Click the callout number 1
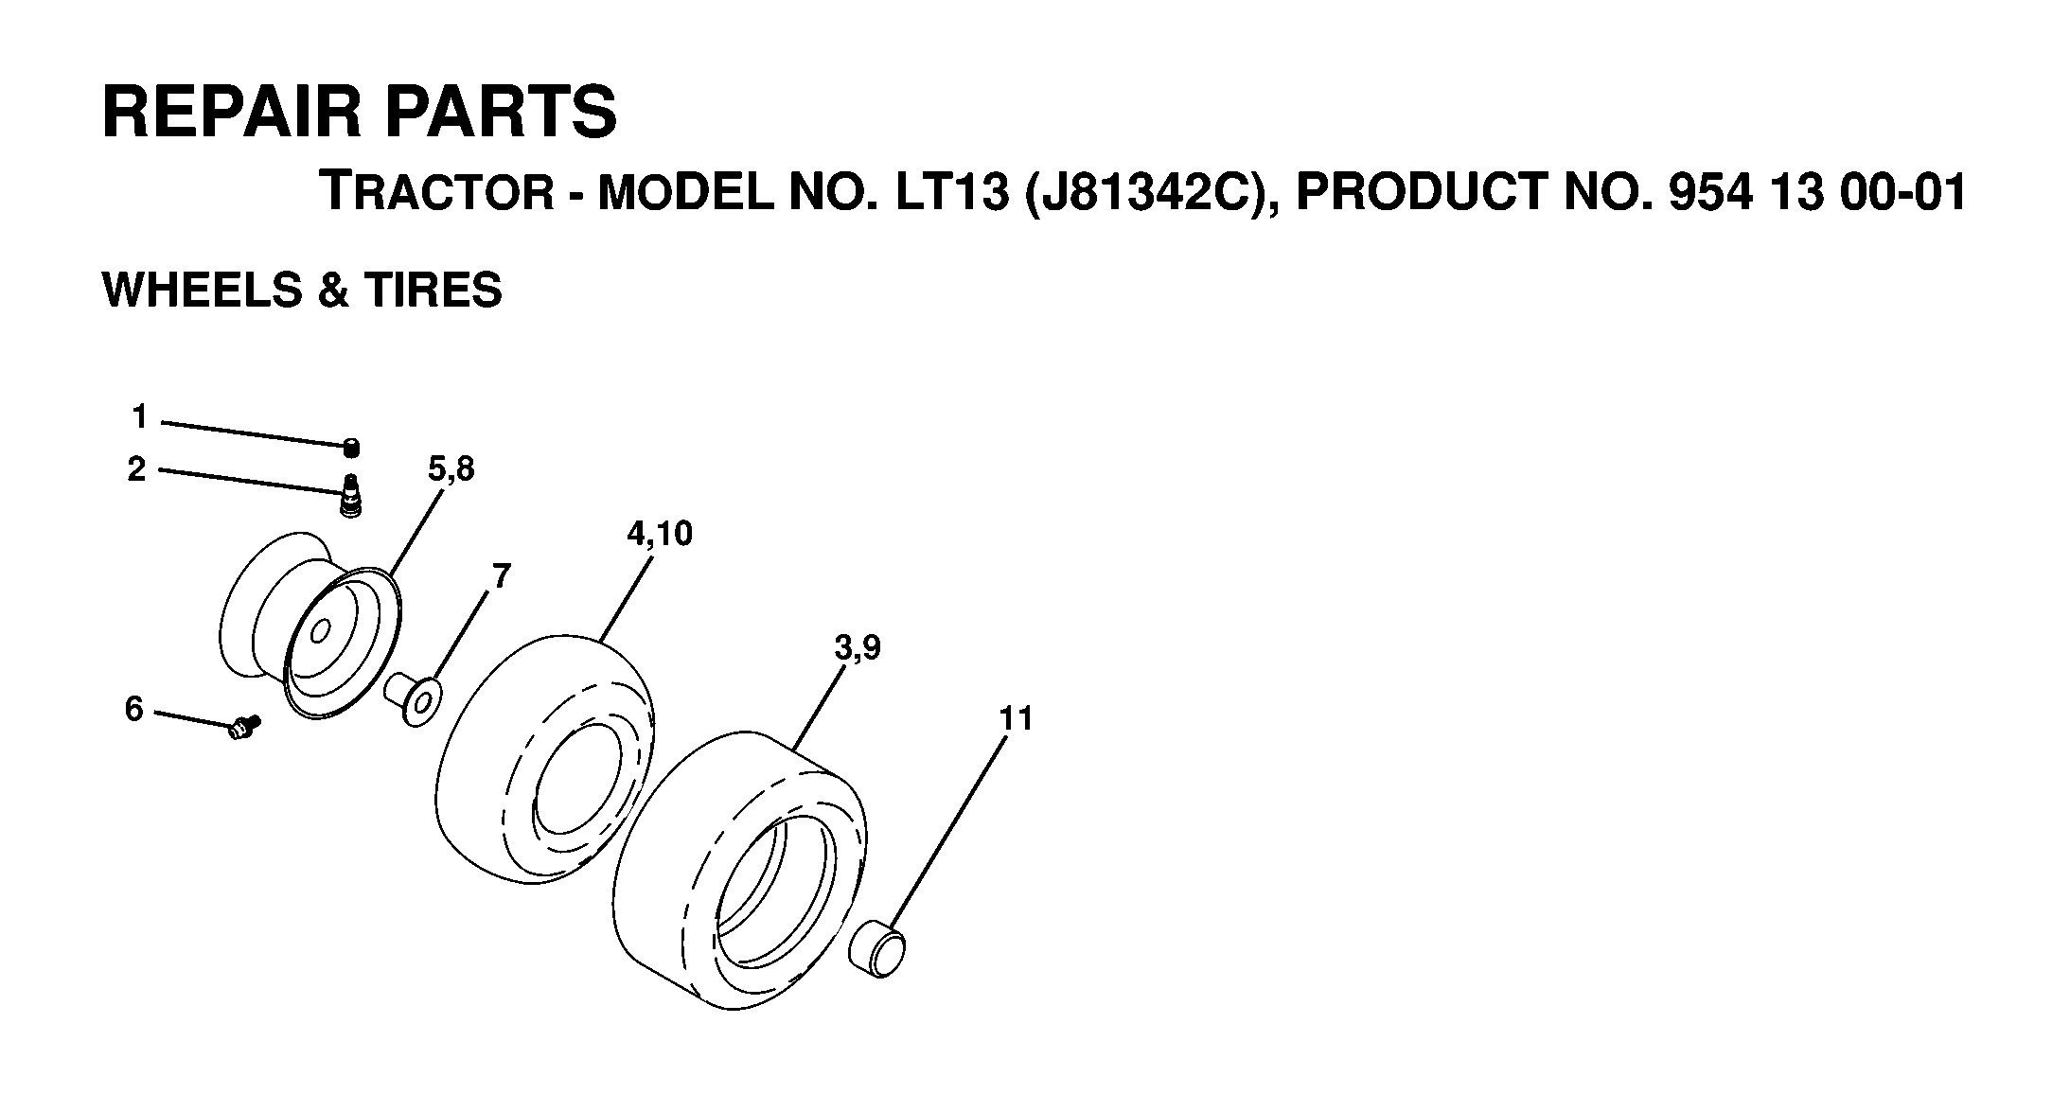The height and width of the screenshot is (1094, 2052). (x=140, y=416)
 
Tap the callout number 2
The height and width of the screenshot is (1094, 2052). (x=137, y=469)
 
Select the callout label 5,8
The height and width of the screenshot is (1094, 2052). (x=451, y=469)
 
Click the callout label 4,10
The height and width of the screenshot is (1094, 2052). (x=660, y=535)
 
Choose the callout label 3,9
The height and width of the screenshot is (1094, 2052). (x=858, y=648)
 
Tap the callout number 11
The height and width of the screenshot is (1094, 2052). (x=1017, y=719)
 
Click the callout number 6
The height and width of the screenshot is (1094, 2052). (x=134, y=708)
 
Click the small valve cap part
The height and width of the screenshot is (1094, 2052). (x=351, y=448)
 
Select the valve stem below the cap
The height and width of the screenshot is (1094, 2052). (x=351, y=496)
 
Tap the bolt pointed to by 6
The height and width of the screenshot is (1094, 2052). (x=244, y=727)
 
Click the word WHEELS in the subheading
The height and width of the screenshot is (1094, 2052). (x=199, y=290)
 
